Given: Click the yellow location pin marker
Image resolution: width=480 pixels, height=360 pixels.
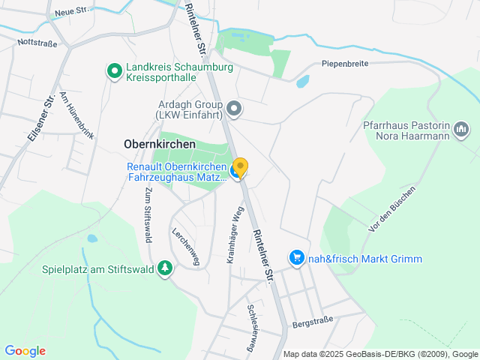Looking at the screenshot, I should [240, 166].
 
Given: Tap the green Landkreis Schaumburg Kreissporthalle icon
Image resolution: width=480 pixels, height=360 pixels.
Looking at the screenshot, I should [114, 71].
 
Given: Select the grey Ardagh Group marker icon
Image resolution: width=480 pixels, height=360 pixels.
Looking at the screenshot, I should [234, 109].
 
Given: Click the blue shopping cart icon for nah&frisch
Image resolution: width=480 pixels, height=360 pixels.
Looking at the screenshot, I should [296, 259].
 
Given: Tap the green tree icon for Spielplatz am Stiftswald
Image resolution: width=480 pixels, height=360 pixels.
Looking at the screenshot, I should [164, 268].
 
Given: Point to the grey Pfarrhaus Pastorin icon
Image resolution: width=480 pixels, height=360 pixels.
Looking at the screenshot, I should [462, 130].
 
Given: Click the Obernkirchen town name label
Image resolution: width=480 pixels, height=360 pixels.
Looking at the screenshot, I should [159, 144].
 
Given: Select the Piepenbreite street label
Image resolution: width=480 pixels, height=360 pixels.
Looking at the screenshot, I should [345, 64].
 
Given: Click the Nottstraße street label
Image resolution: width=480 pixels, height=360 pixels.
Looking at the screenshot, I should [37, 43].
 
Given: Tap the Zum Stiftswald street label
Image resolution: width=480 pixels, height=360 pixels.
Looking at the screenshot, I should [147, 215].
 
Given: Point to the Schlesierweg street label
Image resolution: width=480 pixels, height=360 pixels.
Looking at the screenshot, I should [253, 328].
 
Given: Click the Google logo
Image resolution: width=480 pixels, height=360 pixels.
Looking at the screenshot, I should [25, 351].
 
